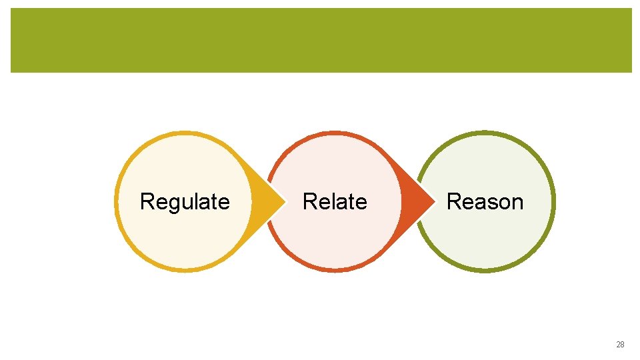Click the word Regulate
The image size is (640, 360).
(x=185, y=201)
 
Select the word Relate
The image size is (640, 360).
(x=335, y=201)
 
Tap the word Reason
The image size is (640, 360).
(x=485, y=201)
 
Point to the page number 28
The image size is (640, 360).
(x=620, y=345)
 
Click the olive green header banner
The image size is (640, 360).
(x=321, y=40)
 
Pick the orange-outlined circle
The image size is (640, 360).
(x=335, y=243)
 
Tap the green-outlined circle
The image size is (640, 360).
(x=485, y=243)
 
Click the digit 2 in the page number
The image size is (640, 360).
(x=618, y=345)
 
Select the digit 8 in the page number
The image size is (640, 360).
(x=623, y=345)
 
